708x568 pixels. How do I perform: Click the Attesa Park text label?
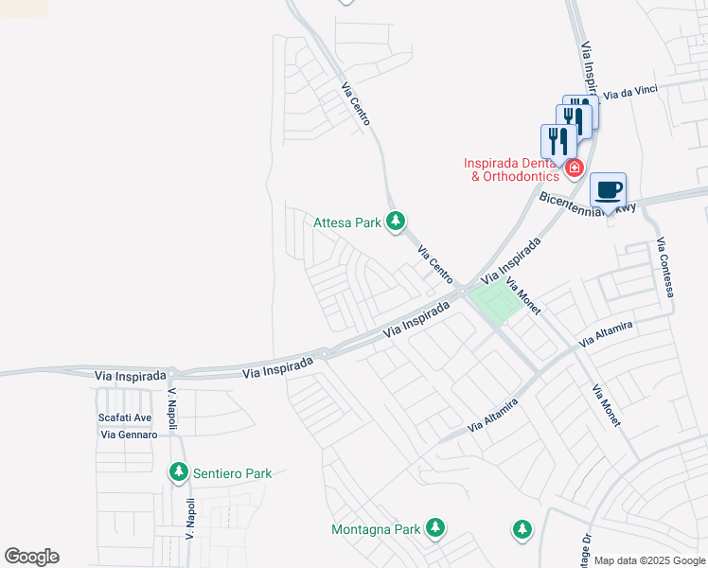tap(346, 223)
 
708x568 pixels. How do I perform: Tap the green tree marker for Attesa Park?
tap(396, 222)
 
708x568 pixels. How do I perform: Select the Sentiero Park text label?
tap(232, 473)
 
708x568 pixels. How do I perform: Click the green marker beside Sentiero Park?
tap(178, 472)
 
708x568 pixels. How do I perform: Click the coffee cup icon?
tap(609, 190)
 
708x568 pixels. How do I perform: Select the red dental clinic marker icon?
tap(575, 169)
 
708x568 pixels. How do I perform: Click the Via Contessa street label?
tap(665, 267)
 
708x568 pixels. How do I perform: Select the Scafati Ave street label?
tap(125, 417)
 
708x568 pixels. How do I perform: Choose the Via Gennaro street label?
tap(128, 435)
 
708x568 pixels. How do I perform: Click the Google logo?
tap(31, 557)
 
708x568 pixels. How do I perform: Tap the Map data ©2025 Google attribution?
tap(648, 560)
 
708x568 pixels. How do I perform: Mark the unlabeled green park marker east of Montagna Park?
tap(522, 530)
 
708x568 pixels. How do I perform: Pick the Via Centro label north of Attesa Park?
tap(356, 104)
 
